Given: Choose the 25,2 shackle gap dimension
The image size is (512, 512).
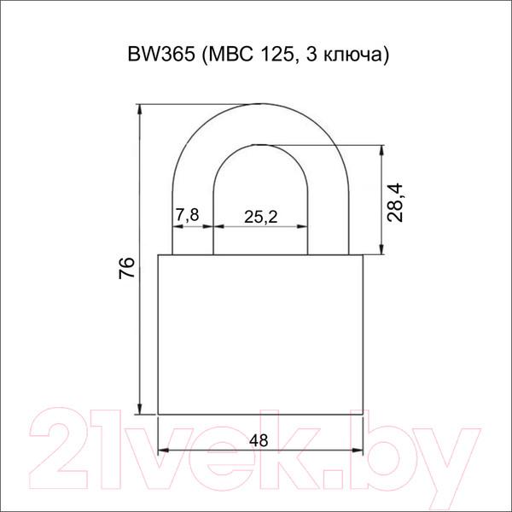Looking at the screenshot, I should pyautogui.click(x=261, y=217).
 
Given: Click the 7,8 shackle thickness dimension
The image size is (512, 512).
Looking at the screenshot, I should pyautogui.click(x=187, y=216).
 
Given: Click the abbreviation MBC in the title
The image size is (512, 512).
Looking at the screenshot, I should pyautogui.click(x=224, y=55).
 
